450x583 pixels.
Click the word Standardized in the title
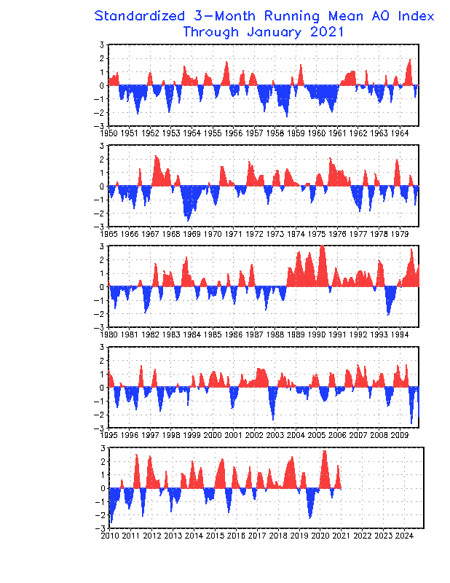(x=139, y=16)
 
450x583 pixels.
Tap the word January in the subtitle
(x=274, y=32)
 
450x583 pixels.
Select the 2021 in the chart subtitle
(x=327, y=31)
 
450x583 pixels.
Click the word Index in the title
(x=416, y=16)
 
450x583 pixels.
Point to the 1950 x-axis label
(x=108, y=133)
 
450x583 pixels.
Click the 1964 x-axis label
(x=400, y=133)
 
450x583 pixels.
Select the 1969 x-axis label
(x=192, y=234)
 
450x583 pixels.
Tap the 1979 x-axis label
(x=400, y=234)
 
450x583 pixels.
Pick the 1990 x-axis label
(x=317, y=334)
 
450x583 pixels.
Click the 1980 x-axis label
(x=108, y=334)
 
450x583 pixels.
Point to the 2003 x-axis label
(x=275, y=435)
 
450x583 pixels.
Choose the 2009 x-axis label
(x=400, y=435)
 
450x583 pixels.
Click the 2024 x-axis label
(x=404, y=536)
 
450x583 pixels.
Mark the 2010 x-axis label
(x=110, y=536)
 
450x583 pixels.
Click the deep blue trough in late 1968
(x=188, y=220)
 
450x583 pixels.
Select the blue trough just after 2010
(x=111, y=521)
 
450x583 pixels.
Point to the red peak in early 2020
(x=325, y=452)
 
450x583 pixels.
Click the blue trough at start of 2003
(x=273, y=419)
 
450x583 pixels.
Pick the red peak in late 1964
(x=410, y=60)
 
